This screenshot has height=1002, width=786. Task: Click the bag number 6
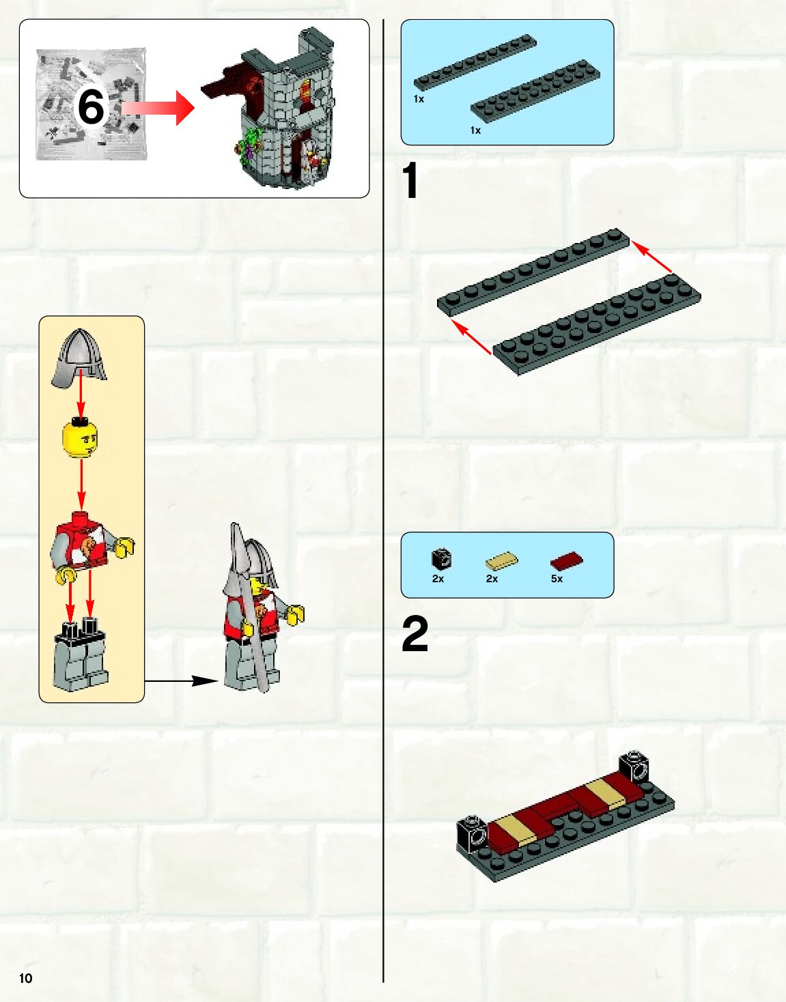coord(91,107)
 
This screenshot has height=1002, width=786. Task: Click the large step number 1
coord(410,182)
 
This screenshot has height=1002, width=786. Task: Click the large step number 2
coord(415,634)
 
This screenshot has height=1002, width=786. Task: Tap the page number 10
coord(26,978)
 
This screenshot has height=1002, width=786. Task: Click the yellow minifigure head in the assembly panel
coord(80,440)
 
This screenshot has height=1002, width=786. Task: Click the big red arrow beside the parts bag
coord(160,108)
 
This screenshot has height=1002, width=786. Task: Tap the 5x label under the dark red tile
coord(557,579)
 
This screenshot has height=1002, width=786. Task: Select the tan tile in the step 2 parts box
coord(501,561)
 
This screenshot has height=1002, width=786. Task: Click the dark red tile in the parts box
coord(566,561)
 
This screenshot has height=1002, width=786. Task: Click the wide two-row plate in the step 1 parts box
coord(535,91)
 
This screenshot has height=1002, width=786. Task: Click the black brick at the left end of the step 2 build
coord(472,833)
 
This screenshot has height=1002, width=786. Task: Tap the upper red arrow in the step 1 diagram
coord(652,257)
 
